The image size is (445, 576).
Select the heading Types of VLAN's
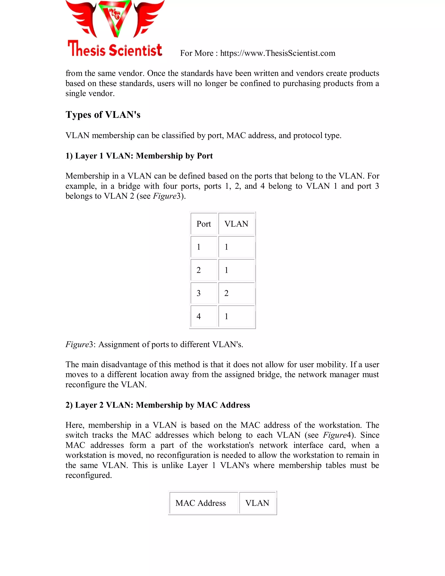[x=103, y=115]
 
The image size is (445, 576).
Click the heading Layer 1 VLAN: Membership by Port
[x=139, y=156]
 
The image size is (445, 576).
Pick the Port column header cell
[x=204, y=224]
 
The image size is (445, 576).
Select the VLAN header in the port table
[x=236, y=224]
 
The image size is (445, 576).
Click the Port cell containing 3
[x=204, y=293]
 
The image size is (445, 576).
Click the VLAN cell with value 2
[x=236, y=293]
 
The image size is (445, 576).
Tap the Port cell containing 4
[x=204, y=316]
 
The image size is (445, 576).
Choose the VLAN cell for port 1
[x=236, y=247]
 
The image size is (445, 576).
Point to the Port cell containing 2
[x=204, y=270]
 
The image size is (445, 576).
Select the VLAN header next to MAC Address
[x=257, y=503]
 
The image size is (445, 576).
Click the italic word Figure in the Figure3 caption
[x=77, y=345]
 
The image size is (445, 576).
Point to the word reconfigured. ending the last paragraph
[x=89, y=475]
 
